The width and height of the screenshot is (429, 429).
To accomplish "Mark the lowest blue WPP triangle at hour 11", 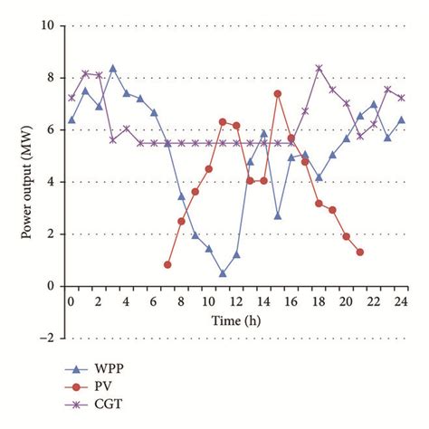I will tap(223, 272).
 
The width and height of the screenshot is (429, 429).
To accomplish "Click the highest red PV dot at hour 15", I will tap(278, 93).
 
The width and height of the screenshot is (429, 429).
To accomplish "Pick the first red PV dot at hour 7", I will tap(167, 264).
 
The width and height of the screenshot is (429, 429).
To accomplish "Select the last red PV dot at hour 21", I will tap(360, 252).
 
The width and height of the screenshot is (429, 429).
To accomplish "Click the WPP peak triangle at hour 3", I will tap(112, 68).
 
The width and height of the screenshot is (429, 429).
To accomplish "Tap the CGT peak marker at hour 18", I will tap(319, 68).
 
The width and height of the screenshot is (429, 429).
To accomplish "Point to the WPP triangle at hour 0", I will tap(71, 119).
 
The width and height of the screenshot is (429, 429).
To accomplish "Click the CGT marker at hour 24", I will tap(401, 98).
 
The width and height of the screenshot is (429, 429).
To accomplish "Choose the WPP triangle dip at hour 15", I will tap(278, 215).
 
